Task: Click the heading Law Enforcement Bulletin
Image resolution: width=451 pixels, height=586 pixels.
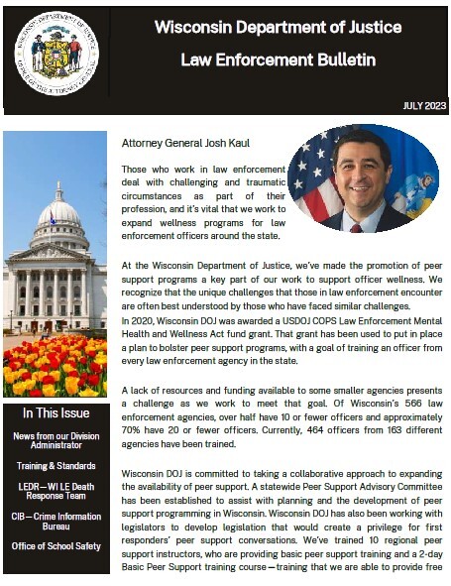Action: click(278, 60)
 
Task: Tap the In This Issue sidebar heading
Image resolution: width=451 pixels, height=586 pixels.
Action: click(55, 412)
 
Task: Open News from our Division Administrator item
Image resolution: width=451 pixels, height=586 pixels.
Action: click(56, 441)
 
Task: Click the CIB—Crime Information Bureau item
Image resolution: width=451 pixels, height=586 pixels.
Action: click(56, 522)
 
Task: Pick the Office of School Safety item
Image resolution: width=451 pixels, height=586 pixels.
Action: click(56, 546)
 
